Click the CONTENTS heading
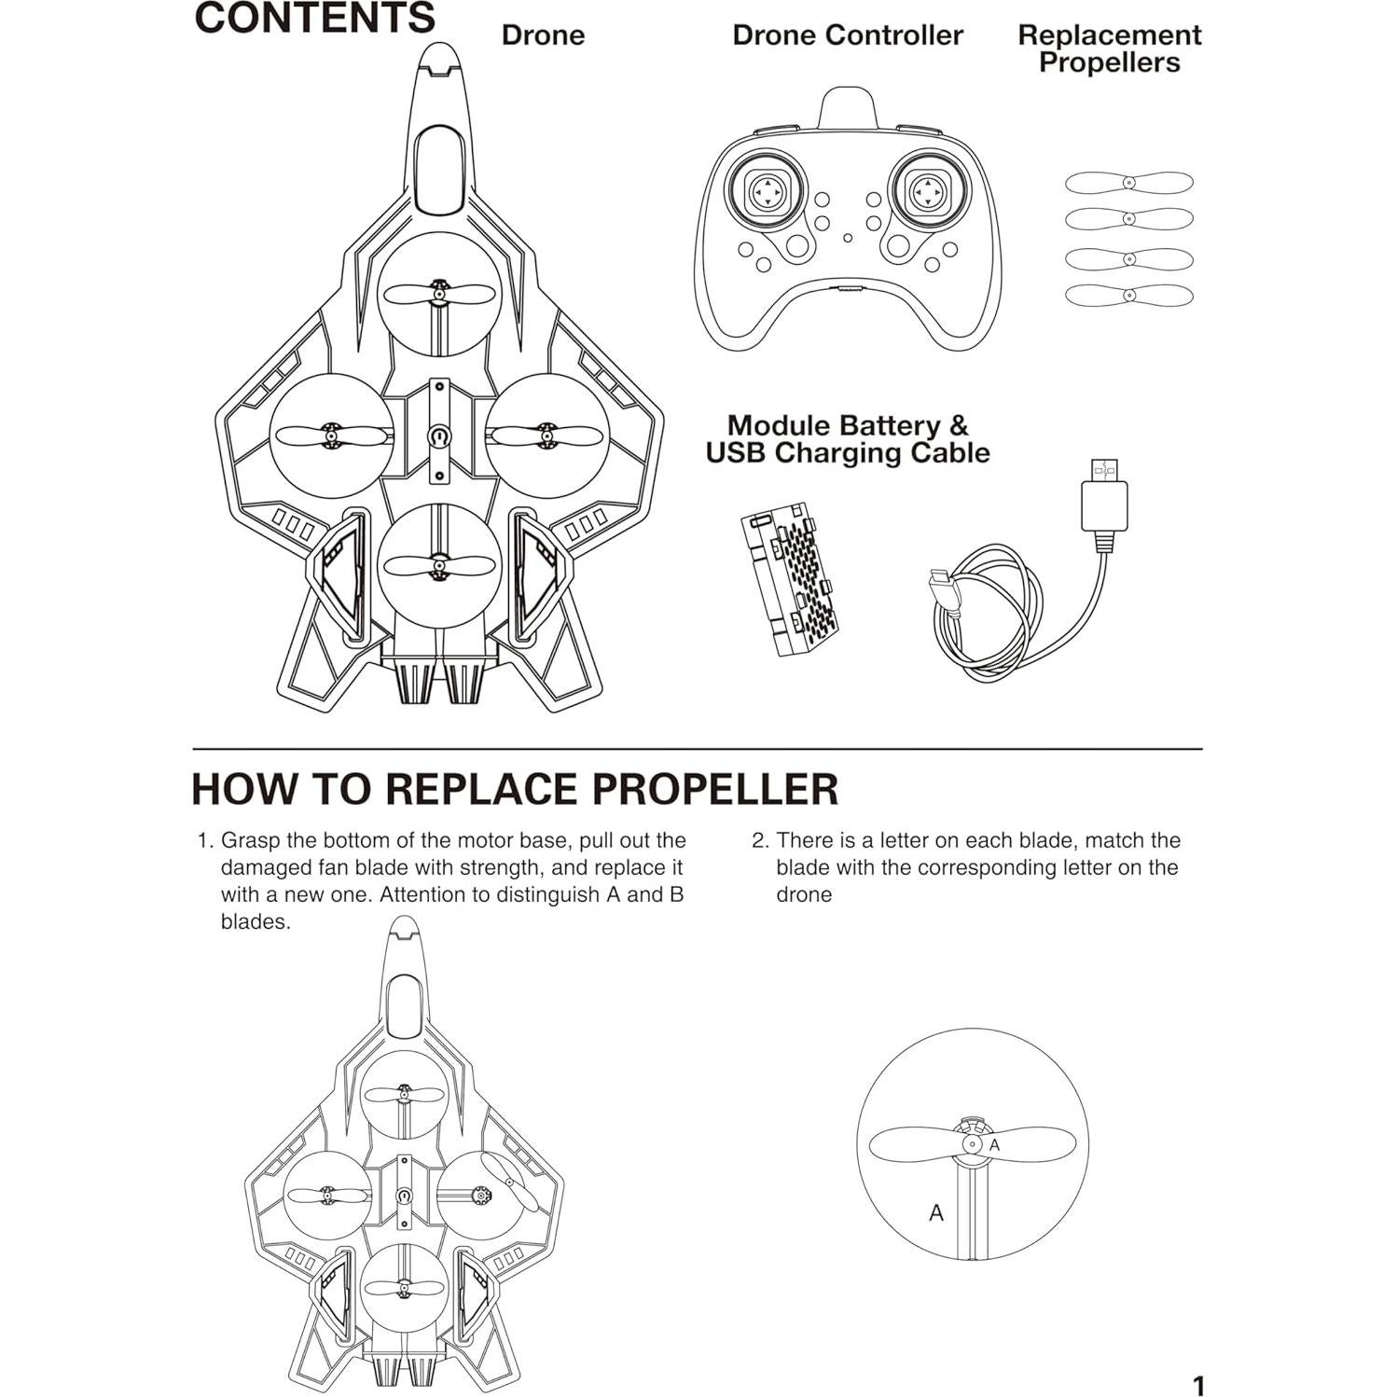click(x=315, y=19)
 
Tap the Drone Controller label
click(x=847, y=35)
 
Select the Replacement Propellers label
click(x=1109, y=48)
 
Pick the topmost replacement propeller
click(x=1128, y=183)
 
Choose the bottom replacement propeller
click(x=1128, y=296)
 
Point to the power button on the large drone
click(x=439, y=436)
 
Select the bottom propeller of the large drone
click(x=438, y=565)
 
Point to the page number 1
click(x=1198, y=1385)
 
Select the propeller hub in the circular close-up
click(x=972, y=1144)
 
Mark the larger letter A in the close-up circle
click(x=936, y=1213)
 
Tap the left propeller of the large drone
click(x=328, y=435)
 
